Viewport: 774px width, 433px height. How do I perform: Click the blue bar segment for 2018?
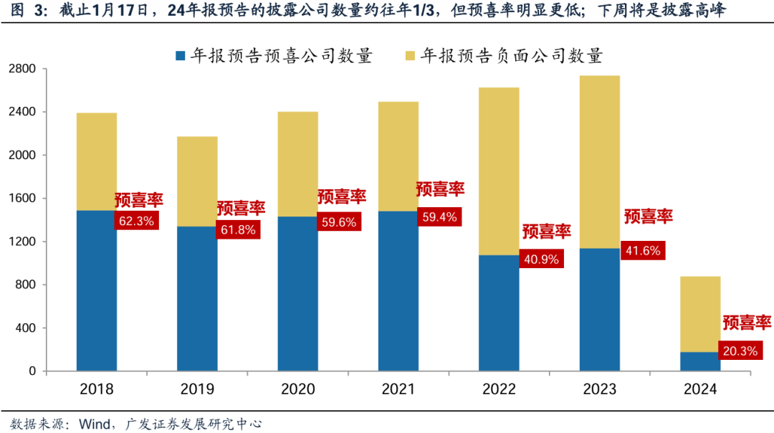tap(97, 290)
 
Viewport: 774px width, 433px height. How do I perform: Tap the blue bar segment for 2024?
tap(700, 361)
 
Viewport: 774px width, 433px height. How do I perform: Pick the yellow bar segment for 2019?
tap(198, 181)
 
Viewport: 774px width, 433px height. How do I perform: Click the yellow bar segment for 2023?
tap(599, 161)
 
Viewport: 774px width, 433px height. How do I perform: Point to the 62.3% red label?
tap(136, 221)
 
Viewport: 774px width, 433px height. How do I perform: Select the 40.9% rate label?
tap(541, 258)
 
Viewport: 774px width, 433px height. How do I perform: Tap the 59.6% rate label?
tap(339, 222)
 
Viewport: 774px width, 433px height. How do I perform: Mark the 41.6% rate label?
tap(643, 249)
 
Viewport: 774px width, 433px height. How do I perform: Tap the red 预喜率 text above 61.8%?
tap(241, 208)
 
